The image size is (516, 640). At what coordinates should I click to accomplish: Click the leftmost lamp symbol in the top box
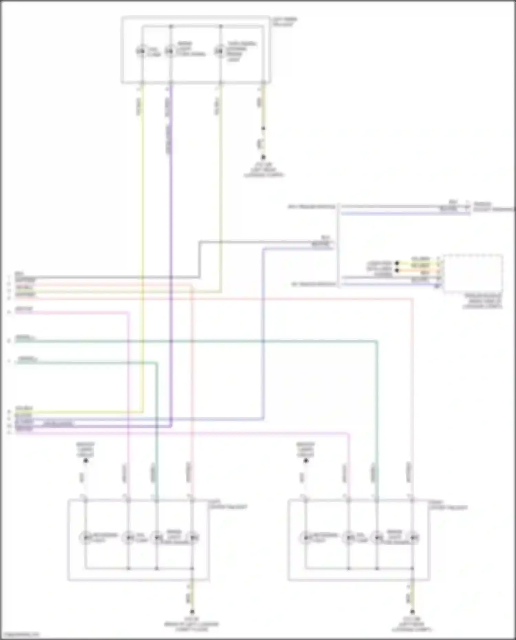(141, 51)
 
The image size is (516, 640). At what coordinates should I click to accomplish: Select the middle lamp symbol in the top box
(169, 51)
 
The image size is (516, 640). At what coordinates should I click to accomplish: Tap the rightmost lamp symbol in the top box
(219, 51)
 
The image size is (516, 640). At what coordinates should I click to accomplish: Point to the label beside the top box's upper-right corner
(284, 22)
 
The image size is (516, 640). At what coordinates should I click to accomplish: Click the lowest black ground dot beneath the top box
(263, 158)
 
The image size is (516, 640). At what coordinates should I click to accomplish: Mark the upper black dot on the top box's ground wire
(263, 129)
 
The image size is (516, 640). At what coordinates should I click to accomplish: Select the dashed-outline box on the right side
(473, 273)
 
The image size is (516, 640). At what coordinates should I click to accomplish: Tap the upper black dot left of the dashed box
(397, 263)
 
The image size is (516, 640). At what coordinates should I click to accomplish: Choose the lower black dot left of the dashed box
(397, 270)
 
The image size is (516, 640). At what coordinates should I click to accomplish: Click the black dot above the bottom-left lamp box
(86, 460)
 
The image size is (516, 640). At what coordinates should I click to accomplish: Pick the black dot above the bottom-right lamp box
(306, 460)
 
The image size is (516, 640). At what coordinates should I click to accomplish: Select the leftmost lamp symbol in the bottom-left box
(85, 537)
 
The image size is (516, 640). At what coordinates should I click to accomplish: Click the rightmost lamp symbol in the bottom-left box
(193, 537)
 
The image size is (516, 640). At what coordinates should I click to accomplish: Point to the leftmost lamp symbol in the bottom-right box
(305, 537)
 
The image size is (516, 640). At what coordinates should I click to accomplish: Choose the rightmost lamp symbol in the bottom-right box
(413, 537)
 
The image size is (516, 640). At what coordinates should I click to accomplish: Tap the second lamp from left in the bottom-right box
(348, 537)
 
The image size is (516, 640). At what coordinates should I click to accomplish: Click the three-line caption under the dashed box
(483, 301)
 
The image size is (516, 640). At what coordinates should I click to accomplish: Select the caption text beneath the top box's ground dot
(264, 170)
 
